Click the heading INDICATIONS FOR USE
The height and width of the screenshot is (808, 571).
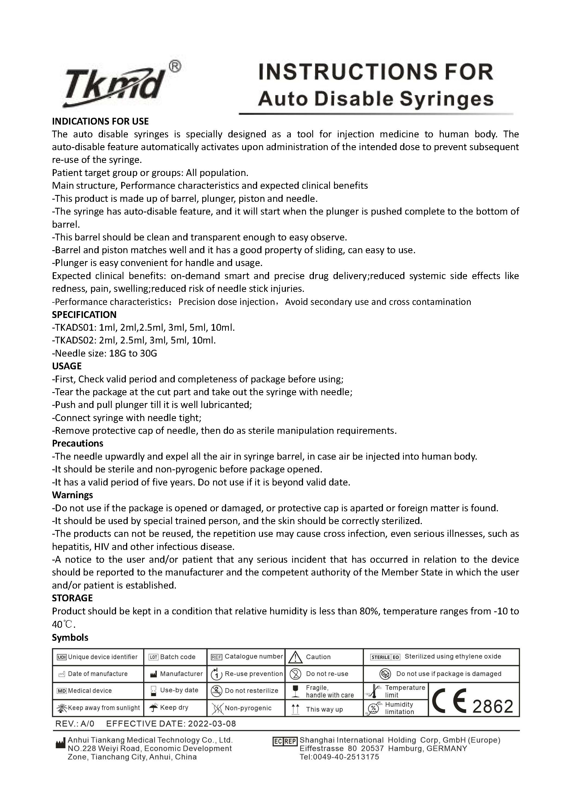(100, 121)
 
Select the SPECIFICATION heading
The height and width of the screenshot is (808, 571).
(84, 315)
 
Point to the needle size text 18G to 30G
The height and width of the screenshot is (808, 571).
(133, 353)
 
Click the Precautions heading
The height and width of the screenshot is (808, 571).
(78, 443)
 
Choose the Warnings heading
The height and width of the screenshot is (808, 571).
(73, 495)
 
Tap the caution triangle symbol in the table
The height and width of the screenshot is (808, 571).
(296, 657)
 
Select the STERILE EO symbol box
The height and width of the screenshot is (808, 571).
(385, 657)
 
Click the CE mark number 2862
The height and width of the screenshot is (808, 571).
(493, 707)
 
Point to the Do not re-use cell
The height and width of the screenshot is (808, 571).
(327, 674)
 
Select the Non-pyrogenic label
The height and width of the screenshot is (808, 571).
(248, 708)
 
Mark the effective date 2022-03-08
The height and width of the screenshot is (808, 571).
(212, 724)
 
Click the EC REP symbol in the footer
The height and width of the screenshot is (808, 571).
(285, 742)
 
